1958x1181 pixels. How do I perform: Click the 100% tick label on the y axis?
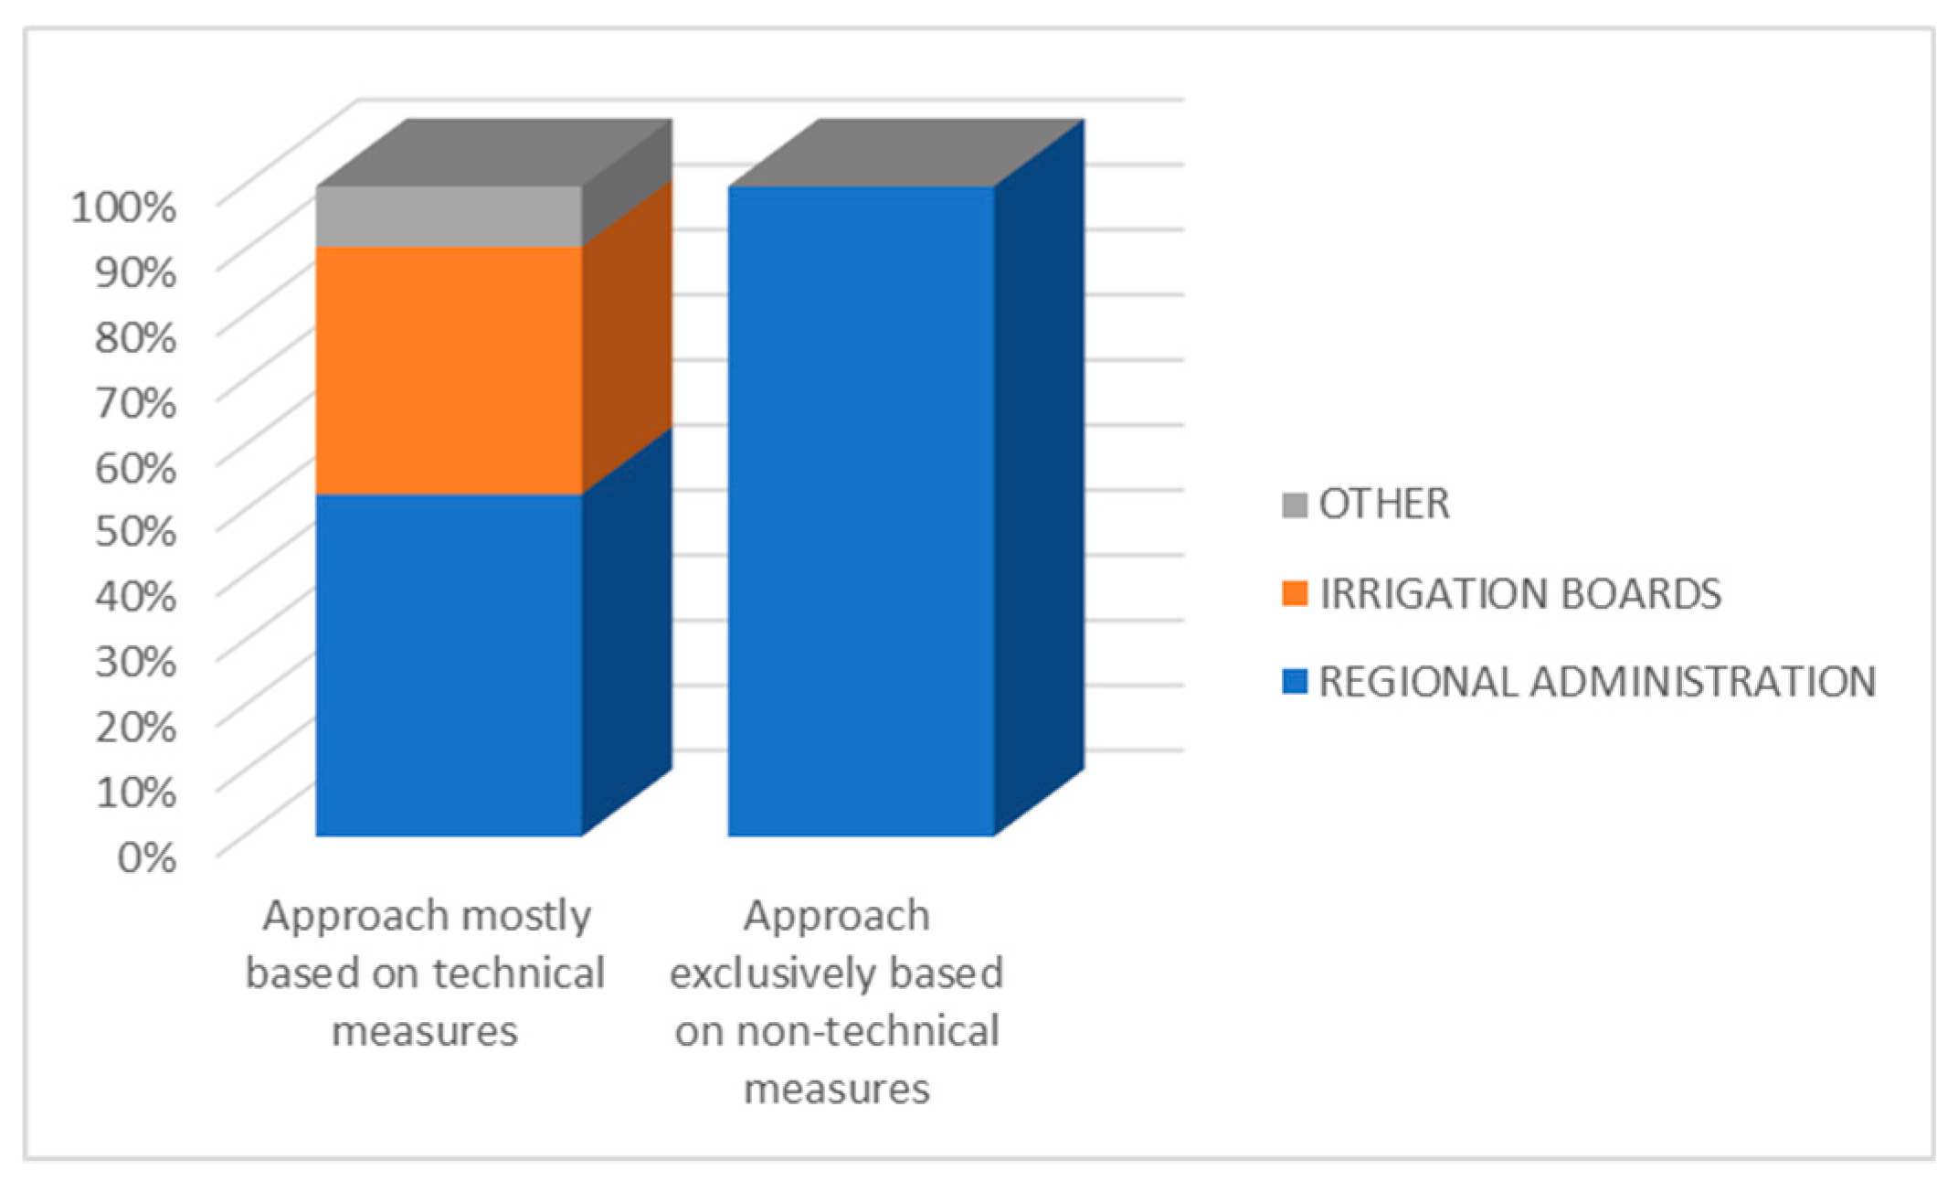[x=123, y=207]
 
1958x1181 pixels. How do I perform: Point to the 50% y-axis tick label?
[x=135, y=531]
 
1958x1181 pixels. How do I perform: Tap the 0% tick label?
[x=146, y=857]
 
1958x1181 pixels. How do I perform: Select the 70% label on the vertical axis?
[x=135, y=402]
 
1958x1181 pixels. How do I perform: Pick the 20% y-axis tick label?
[x=135, y=727]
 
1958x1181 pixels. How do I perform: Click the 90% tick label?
[x=135, y=272]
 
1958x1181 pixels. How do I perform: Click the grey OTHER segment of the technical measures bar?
[x=450, y=217]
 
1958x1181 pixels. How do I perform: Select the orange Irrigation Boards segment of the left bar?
[x=450, y=370]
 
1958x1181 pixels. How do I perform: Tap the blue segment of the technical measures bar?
[x=450, y=665]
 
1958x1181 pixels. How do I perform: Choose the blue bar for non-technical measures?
[x=861, y=511]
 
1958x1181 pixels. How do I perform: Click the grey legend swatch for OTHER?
[x=1295, y=505]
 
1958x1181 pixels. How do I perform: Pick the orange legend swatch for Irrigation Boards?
[x=1295, y=594]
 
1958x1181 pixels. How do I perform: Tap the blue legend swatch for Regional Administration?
[x=1295, y=682]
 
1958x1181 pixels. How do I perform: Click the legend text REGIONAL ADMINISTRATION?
[x=1597, y=682]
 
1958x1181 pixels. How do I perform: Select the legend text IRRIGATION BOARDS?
[x=1520, y=594]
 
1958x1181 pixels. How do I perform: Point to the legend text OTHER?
[x=1384, y=505]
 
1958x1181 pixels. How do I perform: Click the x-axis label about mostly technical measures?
[x=426, y=973]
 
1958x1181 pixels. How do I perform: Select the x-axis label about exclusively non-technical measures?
[x=837, y=1002]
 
